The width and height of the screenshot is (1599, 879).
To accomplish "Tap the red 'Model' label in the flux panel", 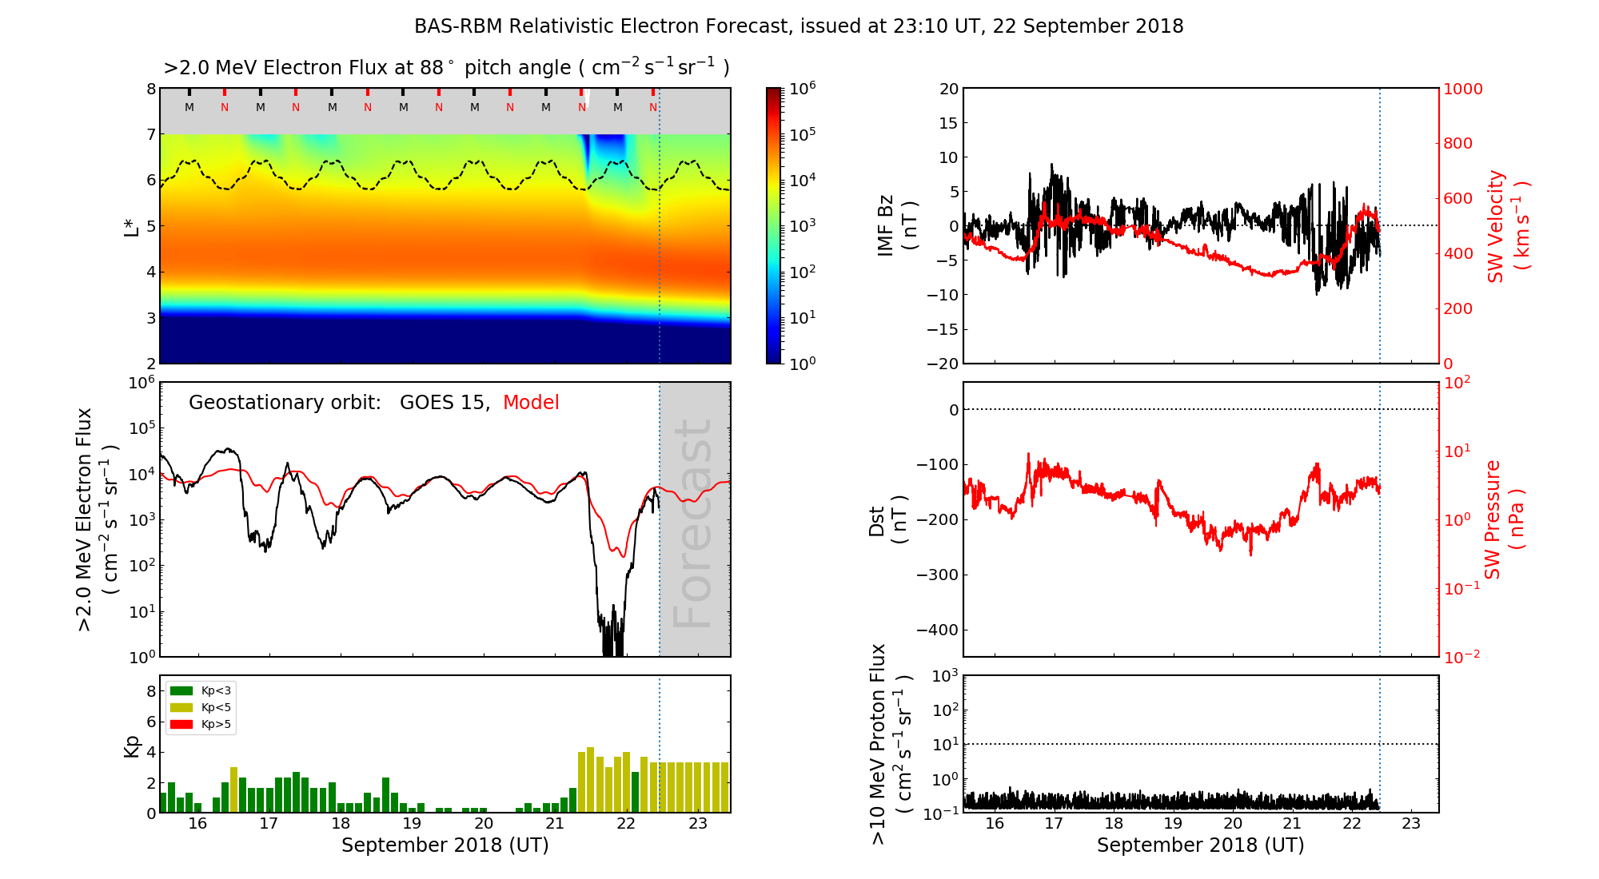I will [531, 403].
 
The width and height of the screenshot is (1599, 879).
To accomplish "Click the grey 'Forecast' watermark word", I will [693, 523].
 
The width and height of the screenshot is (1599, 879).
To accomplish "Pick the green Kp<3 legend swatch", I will [181, 690].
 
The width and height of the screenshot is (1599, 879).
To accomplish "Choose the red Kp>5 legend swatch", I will [181, 725].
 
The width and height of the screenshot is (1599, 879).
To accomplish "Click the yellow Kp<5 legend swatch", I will [181, 707].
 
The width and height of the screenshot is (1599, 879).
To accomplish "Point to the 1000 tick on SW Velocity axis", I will [1462, 89].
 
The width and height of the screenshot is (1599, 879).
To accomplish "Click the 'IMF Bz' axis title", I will [895, 225].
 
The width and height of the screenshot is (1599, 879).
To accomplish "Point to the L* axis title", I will [132, 225].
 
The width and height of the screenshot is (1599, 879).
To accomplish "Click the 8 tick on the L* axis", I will [151, 89].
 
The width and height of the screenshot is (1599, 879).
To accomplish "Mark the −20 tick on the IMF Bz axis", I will [943, 364].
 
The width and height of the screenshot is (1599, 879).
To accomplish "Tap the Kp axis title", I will [132, 746].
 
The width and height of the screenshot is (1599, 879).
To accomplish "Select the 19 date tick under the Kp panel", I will [412, 824].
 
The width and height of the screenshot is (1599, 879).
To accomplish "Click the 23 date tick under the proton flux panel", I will [1411, 824].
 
